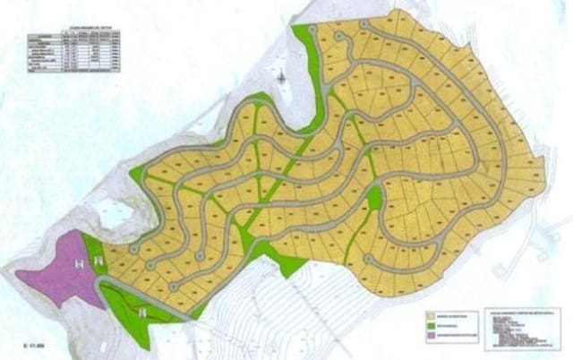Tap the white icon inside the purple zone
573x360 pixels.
click(80, 262)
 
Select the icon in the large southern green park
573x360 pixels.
click(145, 311)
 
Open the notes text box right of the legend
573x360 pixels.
click(523, 327)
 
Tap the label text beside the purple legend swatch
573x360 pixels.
click(461, 338)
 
